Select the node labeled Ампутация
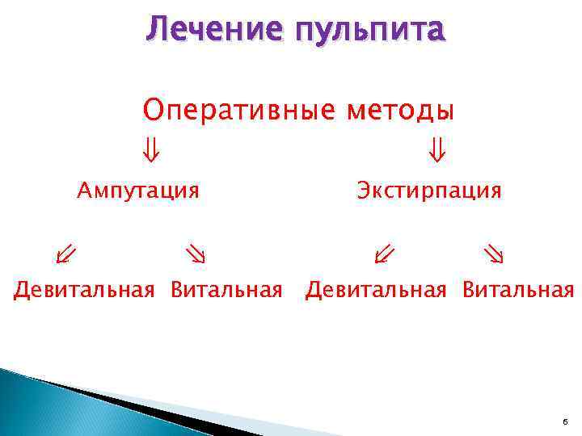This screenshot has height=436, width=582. point(138,191)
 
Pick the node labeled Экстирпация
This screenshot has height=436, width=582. point(429,191)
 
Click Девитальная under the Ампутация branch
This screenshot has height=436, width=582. point(83,290)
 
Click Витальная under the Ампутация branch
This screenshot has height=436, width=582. point(226,290)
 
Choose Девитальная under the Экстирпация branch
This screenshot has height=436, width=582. point(375,290)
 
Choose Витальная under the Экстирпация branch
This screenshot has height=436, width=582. point(518,290)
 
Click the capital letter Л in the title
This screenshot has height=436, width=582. point(155,29)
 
